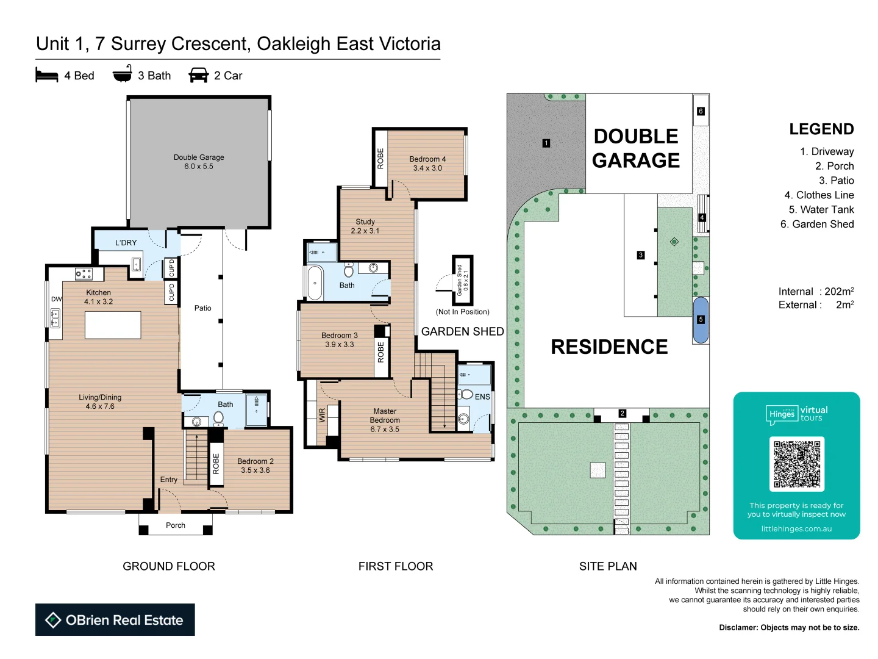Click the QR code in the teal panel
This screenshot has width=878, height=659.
(x=796, y=464)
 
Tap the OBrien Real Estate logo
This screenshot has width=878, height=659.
(x=115, y=620)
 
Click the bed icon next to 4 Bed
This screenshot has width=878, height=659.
(x=47, y=76)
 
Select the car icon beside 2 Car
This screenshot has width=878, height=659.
(x=199, y=76)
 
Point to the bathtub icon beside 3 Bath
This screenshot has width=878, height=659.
(x=123, y=74)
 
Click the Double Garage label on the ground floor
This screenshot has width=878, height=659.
(x=199, y=162)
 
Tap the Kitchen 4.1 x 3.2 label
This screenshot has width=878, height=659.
(x=99, y=297)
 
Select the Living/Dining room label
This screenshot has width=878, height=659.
(x=100, y=402)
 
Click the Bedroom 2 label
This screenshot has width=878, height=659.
(x=255, y=466)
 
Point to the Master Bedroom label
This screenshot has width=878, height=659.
(x=385, y=420)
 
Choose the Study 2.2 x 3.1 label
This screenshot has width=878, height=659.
(x=365, y=226)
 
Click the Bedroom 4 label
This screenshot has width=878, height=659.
(x=427, y=164)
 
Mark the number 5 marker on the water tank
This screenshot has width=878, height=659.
(x=701, y=319)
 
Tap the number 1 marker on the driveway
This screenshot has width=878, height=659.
(x=546, y=143)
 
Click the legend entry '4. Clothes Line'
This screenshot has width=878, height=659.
(x=819, y=195)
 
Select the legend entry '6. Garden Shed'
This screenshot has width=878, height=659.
(x=817, y=224)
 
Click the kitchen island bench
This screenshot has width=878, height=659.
(x=113, y=325)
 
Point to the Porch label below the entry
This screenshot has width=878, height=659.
(x=176, y=525)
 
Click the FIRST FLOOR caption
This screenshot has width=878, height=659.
(x=396, y=566)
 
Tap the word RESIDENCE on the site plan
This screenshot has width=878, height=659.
(x=609, y=347)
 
